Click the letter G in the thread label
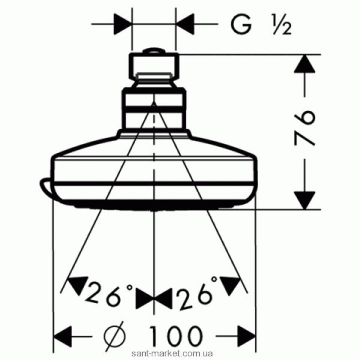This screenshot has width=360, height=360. (x=241, y=24)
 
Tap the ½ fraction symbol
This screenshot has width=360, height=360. (x=282, y=25)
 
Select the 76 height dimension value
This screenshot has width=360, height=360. (x=304, y=128)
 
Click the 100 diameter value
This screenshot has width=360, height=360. (x=176, y=336)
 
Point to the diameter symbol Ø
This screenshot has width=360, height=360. (x=115, y=336)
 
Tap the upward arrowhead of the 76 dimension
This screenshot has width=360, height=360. (x=304, y=64)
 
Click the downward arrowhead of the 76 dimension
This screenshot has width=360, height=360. (x=304, y=200)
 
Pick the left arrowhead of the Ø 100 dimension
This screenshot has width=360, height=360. (x=62, y=337)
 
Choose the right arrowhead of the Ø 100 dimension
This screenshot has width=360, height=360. (x=247, y=337)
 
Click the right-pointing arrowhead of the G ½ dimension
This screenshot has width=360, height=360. (x=123, y=24)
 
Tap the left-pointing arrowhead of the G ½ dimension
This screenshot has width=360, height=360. (x=185, y=24)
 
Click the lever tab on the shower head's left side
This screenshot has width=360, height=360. (x=46, y=187)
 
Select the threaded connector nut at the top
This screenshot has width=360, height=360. (x=154, y=67)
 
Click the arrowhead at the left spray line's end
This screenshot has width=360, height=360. (x=77, y=284)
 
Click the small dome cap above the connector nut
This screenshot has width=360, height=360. (x=154, y=51)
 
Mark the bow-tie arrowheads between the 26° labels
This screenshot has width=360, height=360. (x=154, y=298)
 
